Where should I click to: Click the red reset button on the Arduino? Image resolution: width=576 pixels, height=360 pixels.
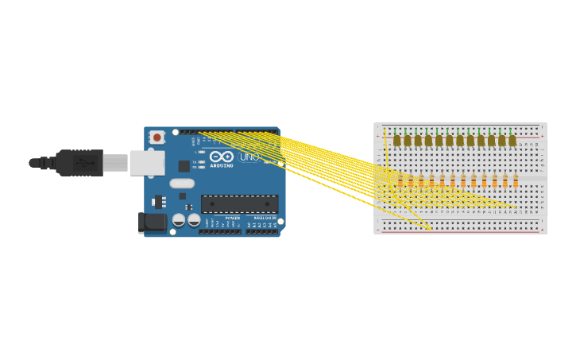157,137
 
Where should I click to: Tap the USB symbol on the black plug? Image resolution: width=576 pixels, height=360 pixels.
85,163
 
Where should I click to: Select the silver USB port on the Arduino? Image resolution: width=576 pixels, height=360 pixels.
147,163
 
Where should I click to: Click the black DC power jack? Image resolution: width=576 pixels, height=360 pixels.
152,223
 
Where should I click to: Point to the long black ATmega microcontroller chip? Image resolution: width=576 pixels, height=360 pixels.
239,204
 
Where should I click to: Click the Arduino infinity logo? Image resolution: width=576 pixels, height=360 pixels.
221,157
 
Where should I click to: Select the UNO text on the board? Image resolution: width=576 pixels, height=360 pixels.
249,157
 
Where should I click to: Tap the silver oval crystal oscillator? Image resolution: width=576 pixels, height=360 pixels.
182,184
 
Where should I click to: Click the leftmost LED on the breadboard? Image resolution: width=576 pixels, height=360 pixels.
397,140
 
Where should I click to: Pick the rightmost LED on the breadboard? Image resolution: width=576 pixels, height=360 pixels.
512,140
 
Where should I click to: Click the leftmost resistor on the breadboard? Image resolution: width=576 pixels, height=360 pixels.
400,182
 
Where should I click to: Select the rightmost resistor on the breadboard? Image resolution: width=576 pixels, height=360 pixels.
515,182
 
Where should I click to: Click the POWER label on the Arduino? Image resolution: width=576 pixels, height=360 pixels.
232,218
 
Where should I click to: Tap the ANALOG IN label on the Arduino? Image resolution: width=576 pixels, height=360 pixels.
265,218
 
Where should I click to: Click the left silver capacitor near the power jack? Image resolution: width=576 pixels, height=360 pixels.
179,219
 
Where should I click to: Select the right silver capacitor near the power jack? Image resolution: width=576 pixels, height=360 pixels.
194,219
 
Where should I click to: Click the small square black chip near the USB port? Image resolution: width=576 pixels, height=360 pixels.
184,166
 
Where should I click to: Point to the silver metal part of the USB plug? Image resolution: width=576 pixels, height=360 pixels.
115,163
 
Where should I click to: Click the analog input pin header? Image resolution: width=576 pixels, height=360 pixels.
262,231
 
